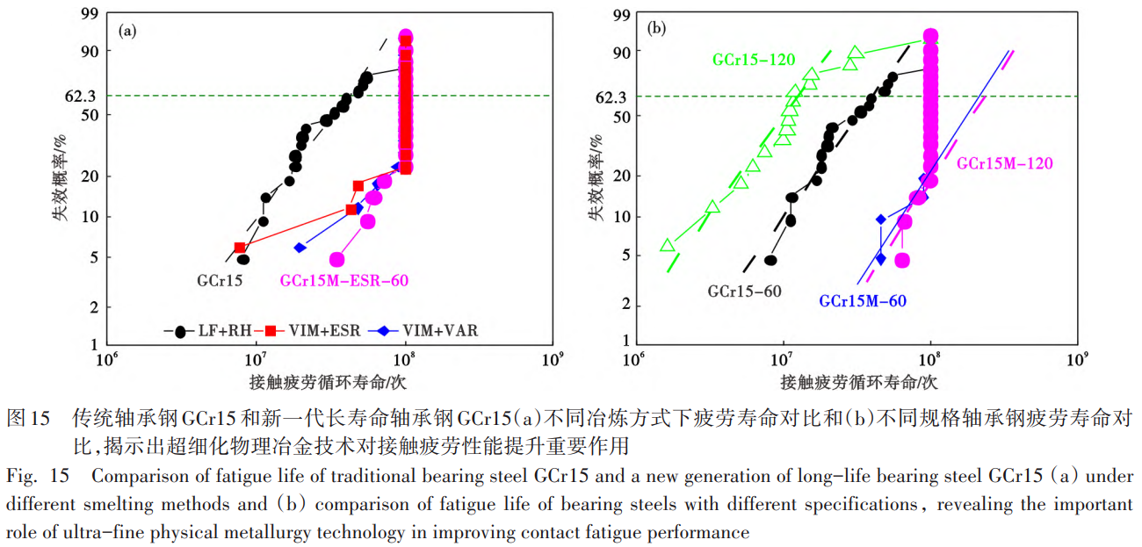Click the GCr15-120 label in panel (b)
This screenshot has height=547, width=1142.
[754, 61]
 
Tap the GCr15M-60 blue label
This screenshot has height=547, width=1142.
[863, 300]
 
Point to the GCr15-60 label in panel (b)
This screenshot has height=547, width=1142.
[743, 291]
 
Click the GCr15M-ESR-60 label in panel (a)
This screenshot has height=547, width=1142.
[344, 281]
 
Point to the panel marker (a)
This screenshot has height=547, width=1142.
[127, 32]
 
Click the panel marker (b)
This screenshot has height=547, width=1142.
[656, 29]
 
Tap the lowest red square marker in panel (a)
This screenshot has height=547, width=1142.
[240, 248]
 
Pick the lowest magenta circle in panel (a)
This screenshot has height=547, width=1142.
[336, 260]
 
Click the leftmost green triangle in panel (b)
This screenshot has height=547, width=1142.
[668, 245]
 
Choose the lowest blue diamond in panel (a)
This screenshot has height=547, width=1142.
[300, 248]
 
